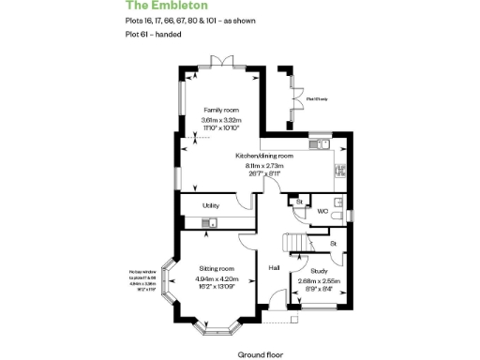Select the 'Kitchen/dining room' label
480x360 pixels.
pos(264,156)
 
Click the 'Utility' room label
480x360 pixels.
pos(211,206)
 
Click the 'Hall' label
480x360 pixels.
pos(275,267)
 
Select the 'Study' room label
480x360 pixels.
pos(320,270)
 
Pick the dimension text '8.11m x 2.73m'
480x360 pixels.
pos(264,165)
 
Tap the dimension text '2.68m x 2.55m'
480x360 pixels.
pos(320,279)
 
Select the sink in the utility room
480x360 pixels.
pos(212,222)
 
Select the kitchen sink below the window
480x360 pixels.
pos(319,143)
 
